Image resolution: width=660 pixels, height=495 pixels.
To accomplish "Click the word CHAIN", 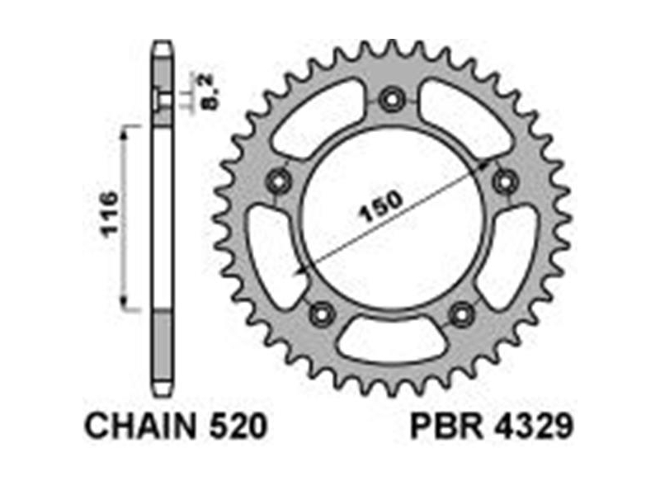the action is tap(140, 426).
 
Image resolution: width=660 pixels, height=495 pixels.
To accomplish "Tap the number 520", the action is tap(238, 426).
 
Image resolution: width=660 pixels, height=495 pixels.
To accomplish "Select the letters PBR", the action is tap(447, 426).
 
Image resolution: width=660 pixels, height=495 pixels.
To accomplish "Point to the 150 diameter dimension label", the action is tap(380, 206).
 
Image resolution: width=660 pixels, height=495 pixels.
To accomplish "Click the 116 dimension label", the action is tap(111, 214).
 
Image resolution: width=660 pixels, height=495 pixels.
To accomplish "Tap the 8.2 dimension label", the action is tap(210, 92).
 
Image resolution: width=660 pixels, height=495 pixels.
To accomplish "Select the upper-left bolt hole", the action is tap(280, 181).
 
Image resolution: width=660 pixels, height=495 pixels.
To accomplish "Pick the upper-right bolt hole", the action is tap(505, 181).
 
